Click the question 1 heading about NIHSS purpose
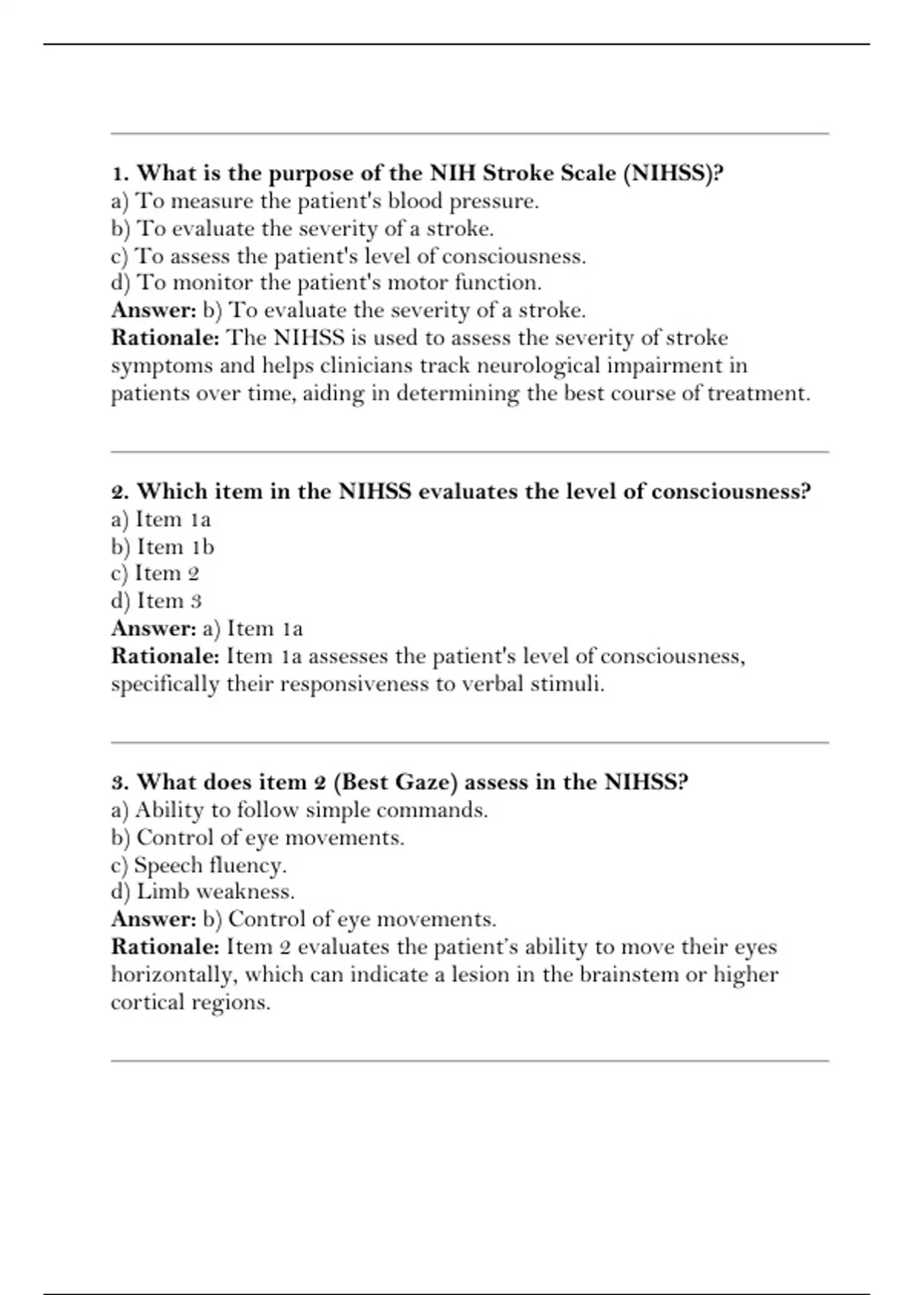pyautogui.click(x=417, y=174)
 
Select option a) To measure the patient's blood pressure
pyautogui.click(x=324, y=201)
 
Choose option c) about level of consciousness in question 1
pyautogui.click(x=348, y=256)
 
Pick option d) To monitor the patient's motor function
pyautogui.click(x=326, y=283)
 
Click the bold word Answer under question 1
pyautogui.click(x=154, y=310)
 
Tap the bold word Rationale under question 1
pyautogui.click(x=165, y=337)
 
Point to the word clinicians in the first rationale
pyautogui.click(x=367, y=366)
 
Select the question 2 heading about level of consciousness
pyautogui.click(x=461, y=491)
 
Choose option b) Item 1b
pyautogui.click(x=162, y=547)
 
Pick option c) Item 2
pyautogui.click(x=155, y=574)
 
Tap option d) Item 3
pyautogui.click(x=156, y=601)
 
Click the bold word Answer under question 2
pyautogui.click(x=154, y=628)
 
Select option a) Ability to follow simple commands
pyautogui.click(x=299, y=810)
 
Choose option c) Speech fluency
pyautogui.click(x=198, y=865)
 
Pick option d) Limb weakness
pyautogui.click(x=202, y=892)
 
